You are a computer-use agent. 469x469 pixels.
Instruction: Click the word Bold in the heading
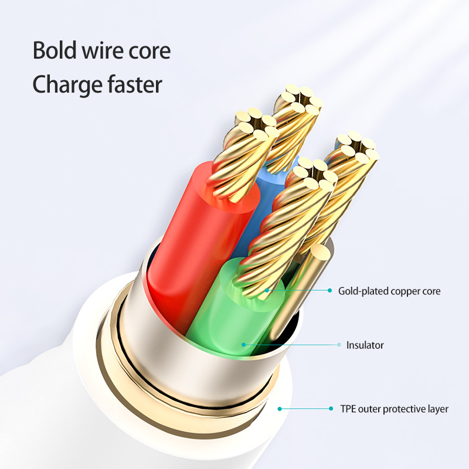[54, 50]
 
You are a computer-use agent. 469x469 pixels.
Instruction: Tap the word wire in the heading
[105, 50]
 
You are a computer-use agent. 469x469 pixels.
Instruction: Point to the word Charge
[66, 85]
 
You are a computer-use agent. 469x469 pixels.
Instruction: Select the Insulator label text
[365, 345]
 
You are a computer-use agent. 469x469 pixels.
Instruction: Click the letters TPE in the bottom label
[347, 409]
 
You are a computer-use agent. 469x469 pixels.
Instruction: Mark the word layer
[437, 409]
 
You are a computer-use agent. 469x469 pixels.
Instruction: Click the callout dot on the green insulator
[242, 345]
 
